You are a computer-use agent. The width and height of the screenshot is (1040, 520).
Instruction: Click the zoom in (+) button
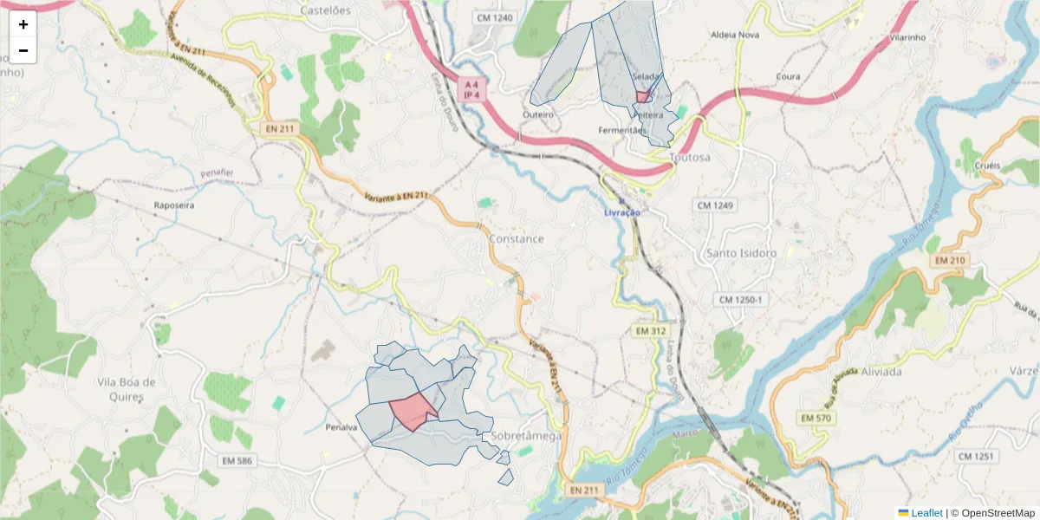coord(23,24)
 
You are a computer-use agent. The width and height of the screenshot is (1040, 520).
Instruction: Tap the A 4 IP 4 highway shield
coord(471,90)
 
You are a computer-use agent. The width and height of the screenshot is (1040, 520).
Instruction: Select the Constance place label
coord(517,238)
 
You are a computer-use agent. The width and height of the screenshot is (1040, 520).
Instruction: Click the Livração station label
coord(622,212)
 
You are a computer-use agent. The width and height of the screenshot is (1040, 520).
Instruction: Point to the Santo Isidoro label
coord(741,253)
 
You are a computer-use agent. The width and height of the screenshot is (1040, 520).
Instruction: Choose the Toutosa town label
coord(690,158)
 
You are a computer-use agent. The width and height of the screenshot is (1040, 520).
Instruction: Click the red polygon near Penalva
coord(412,410)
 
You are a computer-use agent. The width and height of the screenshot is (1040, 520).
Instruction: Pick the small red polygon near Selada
coord(643,97)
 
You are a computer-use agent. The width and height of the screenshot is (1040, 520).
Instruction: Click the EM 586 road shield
coord(236,460)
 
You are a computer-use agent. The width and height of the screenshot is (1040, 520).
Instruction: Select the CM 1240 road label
coord(495,17)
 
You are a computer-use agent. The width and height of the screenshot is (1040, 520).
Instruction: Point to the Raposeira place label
coord(173,205)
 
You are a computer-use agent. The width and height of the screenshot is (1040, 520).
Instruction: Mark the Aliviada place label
coord(881,372)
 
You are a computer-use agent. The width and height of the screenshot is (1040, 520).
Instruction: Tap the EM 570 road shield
coord(816,419)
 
